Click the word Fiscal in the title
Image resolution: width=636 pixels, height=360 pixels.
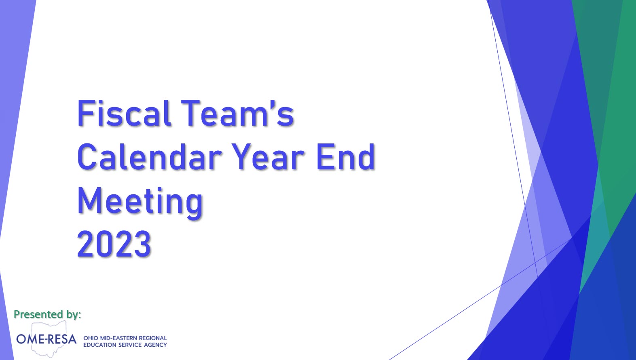tap(124, 113)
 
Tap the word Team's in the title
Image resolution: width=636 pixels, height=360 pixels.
tap(237, 113)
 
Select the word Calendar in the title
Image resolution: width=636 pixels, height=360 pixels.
tap(149, 156)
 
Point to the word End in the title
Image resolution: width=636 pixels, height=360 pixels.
tap(346, 156)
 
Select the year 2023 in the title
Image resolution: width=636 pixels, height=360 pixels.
tap(114, 244)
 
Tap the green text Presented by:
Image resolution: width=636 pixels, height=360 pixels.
tap(47, 315)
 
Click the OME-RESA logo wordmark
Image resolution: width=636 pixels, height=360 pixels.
tap(46, 339)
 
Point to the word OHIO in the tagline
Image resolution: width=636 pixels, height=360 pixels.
tap(91, 338)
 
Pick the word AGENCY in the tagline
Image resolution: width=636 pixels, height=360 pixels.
tap(155, 345)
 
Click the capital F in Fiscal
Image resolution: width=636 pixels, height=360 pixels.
tap(85, 113)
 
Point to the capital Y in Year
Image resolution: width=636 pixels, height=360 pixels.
tap(244, 157)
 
